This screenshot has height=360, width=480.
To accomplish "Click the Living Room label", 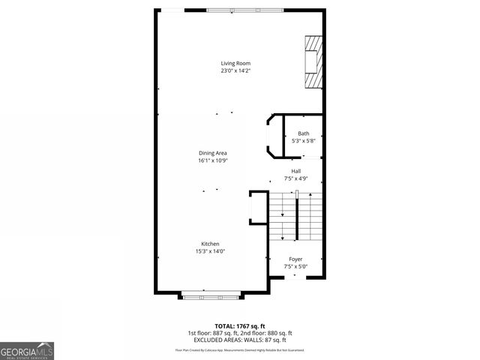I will tap(235, 63).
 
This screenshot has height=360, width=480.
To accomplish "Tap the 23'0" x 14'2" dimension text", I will tap(235, 71).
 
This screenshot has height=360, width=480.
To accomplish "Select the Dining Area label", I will tap(212, 153).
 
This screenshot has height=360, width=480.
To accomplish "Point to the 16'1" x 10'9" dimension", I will tap(212, 160).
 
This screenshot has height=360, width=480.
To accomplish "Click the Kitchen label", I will tap(210, 243).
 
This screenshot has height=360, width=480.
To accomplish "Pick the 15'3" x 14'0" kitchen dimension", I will tap(210, 250).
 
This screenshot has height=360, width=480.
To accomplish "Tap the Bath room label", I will tap(303, 133).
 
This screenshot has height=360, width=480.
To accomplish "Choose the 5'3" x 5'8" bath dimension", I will tap(303, 141).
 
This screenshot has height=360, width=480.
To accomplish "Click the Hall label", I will tap(296, 171).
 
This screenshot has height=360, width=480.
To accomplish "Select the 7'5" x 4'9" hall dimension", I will tap(296, 178).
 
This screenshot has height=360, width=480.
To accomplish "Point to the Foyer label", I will tap(295, 259).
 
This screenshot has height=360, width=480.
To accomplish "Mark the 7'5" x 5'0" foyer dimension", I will tap(295, 266).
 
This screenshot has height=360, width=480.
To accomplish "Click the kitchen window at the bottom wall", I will tap(210, 295).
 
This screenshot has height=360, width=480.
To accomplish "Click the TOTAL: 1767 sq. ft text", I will tap(239, 325).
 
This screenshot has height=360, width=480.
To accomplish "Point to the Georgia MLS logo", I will tap(27, 350).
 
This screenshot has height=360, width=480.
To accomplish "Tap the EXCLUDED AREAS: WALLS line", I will tap(240, 340).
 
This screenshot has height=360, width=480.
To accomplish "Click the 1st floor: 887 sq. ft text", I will tap(214, 333).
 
